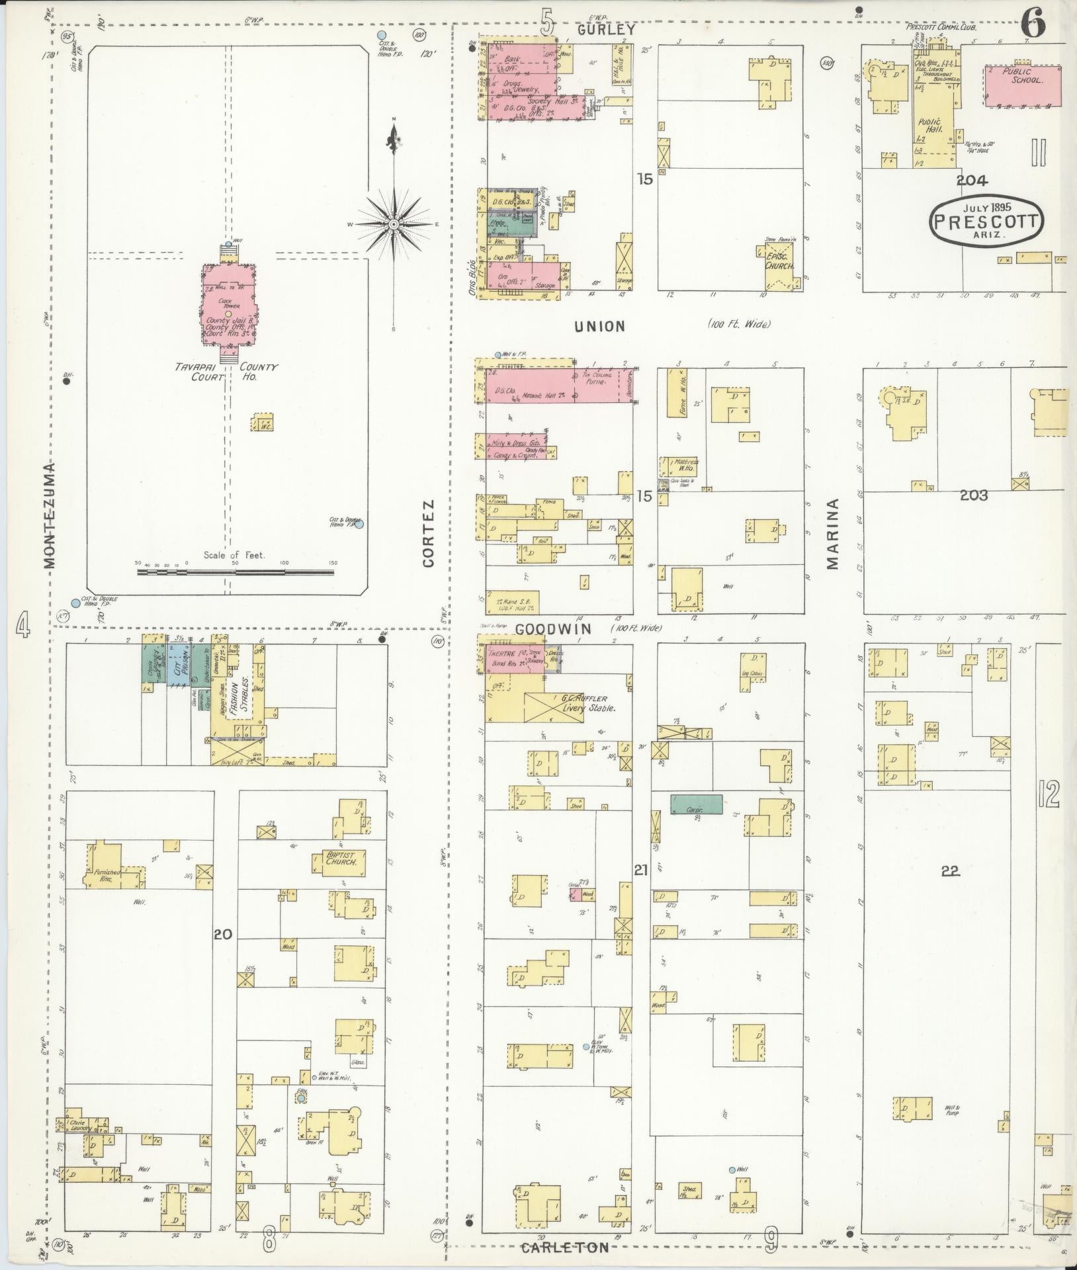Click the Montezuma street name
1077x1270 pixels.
click(x=50, y=515)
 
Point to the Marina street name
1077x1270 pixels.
click(x=832, y=534)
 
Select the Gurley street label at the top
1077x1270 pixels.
click(x=605, y=30)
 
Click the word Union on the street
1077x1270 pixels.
click(x=599, y=325)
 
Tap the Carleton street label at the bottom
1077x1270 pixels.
click(x=564, y=1248)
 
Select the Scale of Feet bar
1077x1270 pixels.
click(x=236, y=571)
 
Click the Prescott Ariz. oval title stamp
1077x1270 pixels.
click(x=986, y=222)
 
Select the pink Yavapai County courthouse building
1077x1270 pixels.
click(x=228, y=308)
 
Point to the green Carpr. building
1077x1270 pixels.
click(x=696, y=804)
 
